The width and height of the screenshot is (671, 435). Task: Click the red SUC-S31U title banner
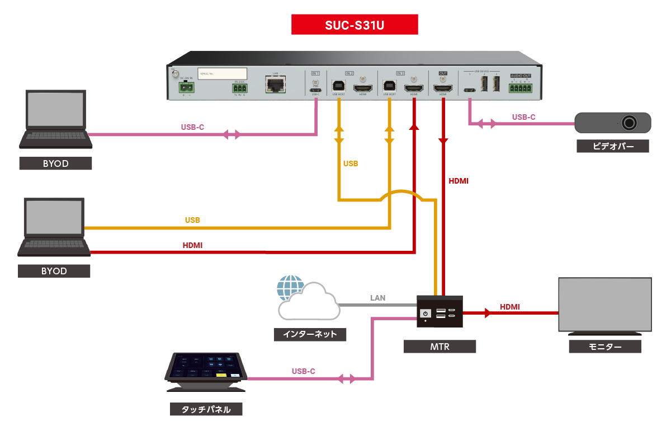355,25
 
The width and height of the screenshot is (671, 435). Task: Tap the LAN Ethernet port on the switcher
275,85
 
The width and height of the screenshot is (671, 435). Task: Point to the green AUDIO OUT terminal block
521,87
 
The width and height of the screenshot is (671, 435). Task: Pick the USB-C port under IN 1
315,89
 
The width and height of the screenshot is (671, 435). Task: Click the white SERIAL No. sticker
223,73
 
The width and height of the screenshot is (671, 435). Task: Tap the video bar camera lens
631,123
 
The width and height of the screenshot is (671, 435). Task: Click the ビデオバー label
613,147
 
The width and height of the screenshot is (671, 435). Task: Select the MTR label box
440,347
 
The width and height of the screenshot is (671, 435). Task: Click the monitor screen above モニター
605,305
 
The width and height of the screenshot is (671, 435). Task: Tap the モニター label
605,347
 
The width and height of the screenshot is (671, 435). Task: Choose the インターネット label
310,335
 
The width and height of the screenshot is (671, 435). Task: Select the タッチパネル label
206,409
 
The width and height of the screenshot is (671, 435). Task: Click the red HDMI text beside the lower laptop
192,245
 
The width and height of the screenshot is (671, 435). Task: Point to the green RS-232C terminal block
240,88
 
